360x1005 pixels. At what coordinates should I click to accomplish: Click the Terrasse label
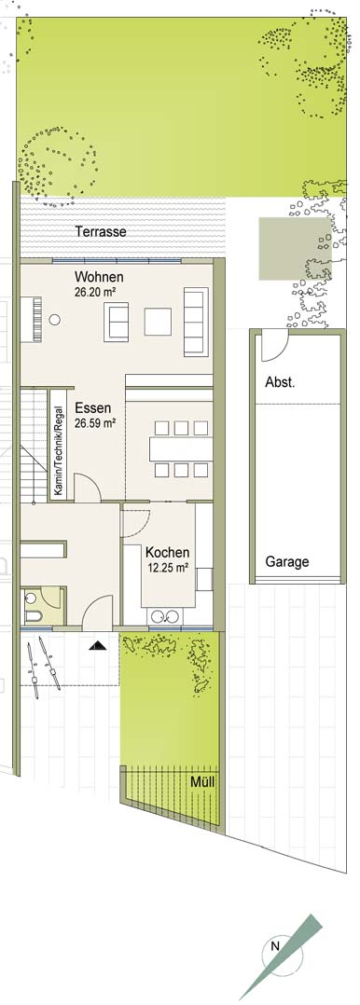pyautogui.click(x=100, y=231)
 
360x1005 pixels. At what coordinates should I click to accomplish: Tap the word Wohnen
pyautogui.click(x=99, y=278)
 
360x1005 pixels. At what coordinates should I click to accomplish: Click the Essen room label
pyautogui.click(x=93, y=408)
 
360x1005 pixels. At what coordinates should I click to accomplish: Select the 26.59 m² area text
pyautogui.click(x=95, y=421)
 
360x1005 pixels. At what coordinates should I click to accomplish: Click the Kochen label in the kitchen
pyautogui.click(x=168, y=553)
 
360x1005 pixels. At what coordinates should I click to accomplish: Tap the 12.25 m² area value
pyautogui.click(x=167, y=566)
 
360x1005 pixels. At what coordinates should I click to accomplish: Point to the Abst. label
pyautogui.click(x=280, y=383)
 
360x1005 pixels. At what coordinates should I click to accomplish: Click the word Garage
pyautogui.click(x=287, y=562)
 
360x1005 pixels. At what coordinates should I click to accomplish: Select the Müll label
pyautogui.click(x=202, y=781)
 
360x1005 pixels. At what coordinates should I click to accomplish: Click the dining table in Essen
pyautogui.click(x=181, y=448)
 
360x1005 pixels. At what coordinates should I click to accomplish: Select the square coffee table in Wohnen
pyautogui.click(x=158, y=322)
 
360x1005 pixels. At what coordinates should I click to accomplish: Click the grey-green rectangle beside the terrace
pyautogui.click(x=295, y=249)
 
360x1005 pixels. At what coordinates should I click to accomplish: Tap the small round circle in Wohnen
pyautogui.click(x=56, y=319)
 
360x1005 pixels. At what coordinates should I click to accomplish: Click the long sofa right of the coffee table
pyautogui.click(x=197, y=322)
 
